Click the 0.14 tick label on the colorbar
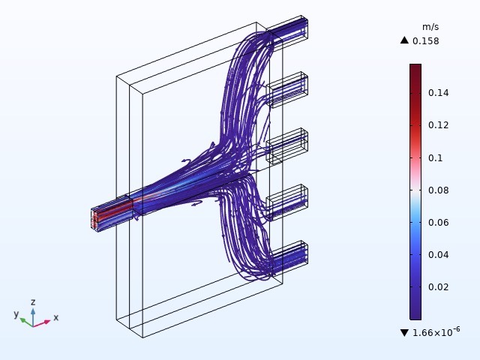438,93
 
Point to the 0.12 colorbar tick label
438,125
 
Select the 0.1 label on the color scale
435,158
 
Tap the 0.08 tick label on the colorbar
438,190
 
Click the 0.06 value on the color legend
438,223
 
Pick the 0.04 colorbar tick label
438,255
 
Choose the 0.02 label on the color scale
438,287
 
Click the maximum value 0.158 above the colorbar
425,41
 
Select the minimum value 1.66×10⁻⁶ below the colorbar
436,331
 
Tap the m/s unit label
430,27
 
